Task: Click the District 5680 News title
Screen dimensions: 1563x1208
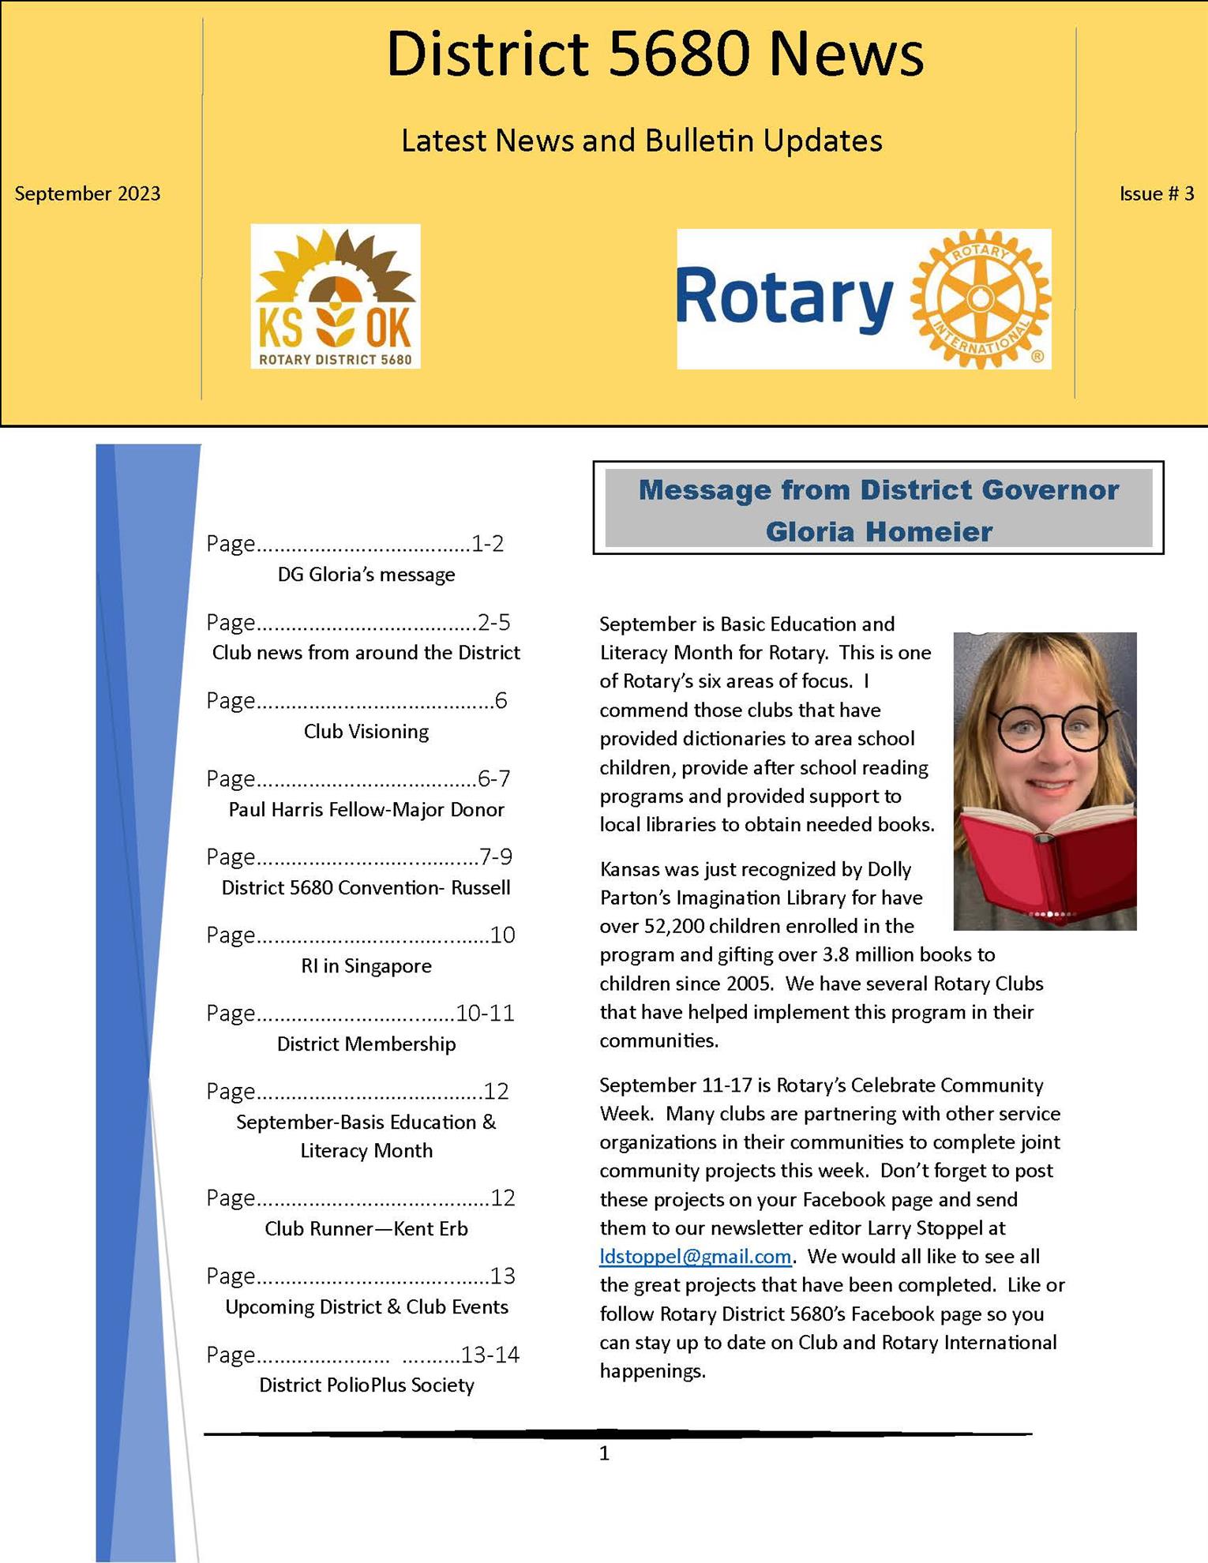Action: point(655,54)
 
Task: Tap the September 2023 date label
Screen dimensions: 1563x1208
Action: point(88,193)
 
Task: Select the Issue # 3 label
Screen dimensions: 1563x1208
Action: point(1156,193)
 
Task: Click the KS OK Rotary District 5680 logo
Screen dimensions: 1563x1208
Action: point(336,296)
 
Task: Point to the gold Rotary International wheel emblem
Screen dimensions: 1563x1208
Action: point(980,299)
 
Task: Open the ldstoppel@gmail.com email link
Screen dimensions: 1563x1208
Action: point(695,1256)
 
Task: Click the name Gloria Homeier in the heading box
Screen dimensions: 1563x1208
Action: point(878,531)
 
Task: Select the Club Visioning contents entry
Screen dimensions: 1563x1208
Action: point(366,731)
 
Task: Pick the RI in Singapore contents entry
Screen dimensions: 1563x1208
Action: point(366,965)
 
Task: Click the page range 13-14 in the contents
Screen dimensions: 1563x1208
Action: point(490,1355)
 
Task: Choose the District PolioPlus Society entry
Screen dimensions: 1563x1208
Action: point(366,1385)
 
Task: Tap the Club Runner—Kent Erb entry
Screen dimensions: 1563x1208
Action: point(366,1228)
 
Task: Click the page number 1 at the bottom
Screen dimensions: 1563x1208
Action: point(604,1453)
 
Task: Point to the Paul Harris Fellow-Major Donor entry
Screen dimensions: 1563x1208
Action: point(366,809)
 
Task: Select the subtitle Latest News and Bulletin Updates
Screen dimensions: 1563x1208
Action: point(641,141)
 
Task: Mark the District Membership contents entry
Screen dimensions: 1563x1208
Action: point(366,1044)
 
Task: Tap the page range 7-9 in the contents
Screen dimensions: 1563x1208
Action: point(496,856)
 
